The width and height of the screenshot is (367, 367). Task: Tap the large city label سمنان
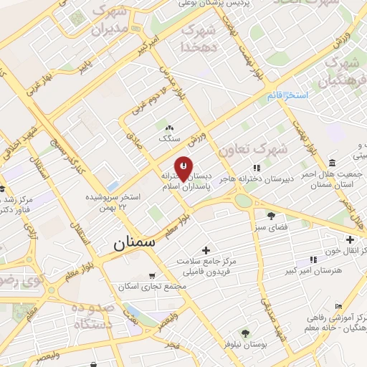pos(133,244)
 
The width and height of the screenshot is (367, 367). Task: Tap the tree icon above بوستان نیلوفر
pos(245,333)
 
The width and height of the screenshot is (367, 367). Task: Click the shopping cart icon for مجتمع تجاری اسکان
pos(151,275)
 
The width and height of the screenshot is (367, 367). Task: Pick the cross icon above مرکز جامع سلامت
pos(206,250)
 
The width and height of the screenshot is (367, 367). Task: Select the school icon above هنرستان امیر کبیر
pos(313,259)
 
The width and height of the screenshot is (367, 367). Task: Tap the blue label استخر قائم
pos(287,95)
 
